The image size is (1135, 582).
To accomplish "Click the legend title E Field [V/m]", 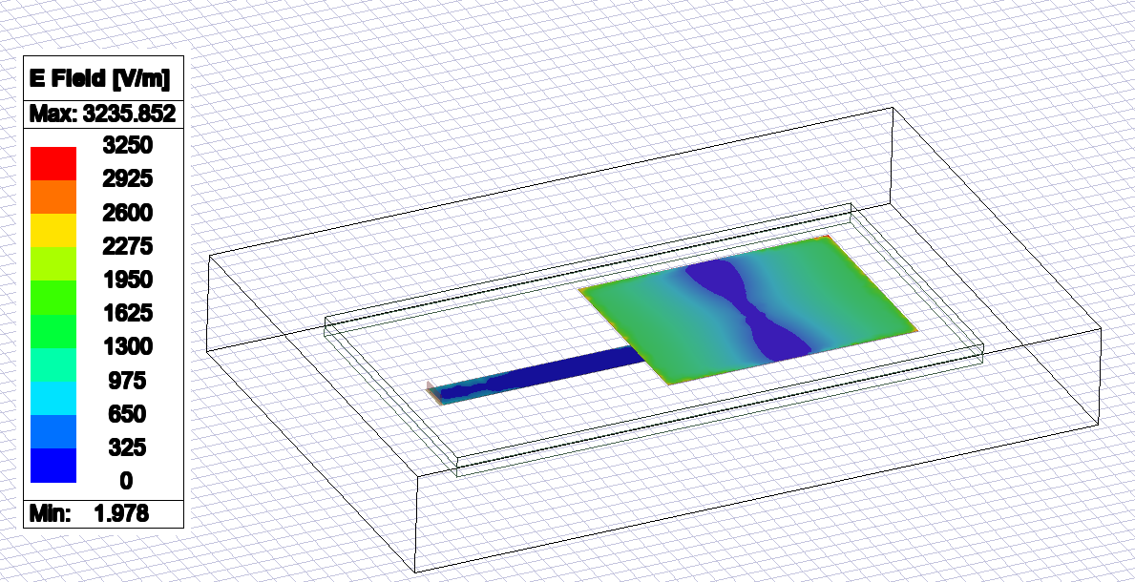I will pyautogui.click(x=102, y=77).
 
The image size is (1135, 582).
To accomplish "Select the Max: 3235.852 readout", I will pyautogui.click(x=102, y=114).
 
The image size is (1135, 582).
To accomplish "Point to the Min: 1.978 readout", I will pyautogui.click(x=102, y=513).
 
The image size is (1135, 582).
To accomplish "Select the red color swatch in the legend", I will pyautogui.click(x=53, y=162).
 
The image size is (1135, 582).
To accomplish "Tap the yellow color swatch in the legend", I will pyautogui.click(x=53, y=229).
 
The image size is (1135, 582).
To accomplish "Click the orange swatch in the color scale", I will pyautogui.click(x=53, y=196).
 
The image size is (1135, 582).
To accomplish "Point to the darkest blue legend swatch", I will pyautogui.click(x=53, y=465).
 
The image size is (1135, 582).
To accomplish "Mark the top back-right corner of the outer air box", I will pyautogui.click(x=893, y=108).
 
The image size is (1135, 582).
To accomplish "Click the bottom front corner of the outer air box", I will pyautogui.click(x=417, y=572).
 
